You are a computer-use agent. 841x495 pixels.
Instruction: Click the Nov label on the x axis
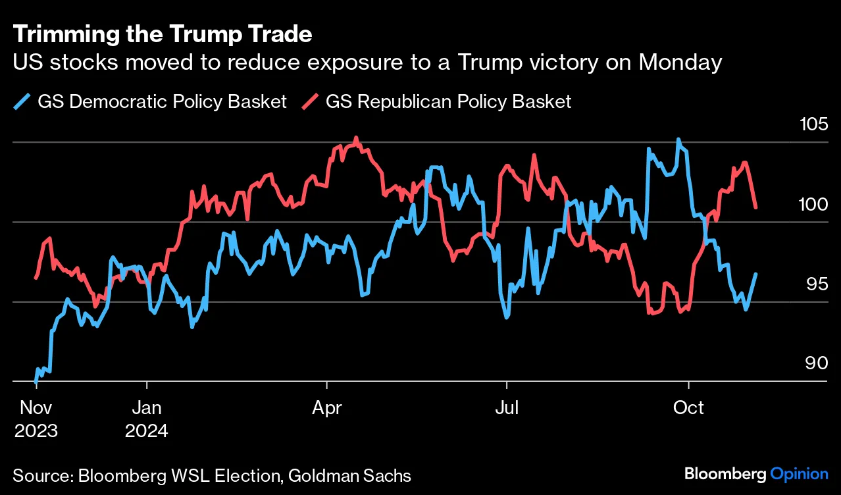point(35,408)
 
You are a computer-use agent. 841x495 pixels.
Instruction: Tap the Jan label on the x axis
point(146,408)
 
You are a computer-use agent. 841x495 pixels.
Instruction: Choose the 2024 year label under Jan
point(146,432)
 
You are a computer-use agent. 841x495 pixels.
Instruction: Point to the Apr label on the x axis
point(326,408)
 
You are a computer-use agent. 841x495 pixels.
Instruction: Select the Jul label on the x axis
point(507,408)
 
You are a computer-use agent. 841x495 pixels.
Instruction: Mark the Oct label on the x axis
point(688,408)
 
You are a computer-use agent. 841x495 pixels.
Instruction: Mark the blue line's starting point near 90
point(36,380)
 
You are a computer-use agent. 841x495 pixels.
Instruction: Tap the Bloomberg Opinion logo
point(756,474)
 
